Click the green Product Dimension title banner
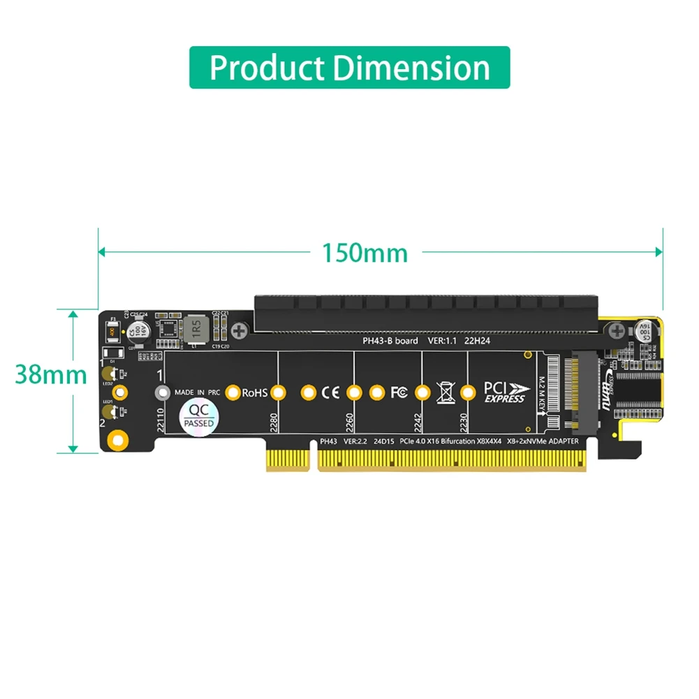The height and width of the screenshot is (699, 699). pos(349,68)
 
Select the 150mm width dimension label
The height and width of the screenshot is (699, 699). pos(365,252)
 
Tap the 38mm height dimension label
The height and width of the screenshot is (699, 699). pos(51,375)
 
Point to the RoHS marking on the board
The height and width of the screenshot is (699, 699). pos(255,393)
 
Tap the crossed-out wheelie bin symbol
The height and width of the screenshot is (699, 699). pos(445,392)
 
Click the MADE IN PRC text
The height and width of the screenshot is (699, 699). pos(197,392)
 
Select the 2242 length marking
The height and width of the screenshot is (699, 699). pos(418,422)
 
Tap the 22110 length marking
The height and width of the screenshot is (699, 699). pos(161,421)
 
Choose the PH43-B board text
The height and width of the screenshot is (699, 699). pos(390,341)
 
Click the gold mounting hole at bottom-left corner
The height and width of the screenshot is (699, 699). pos(119,440)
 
